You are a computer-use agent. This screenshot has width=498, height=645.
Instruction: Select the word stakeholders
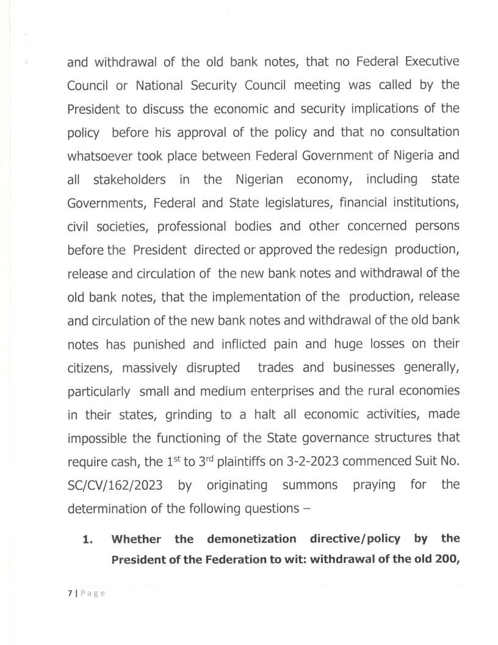[x=131, y=179]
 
